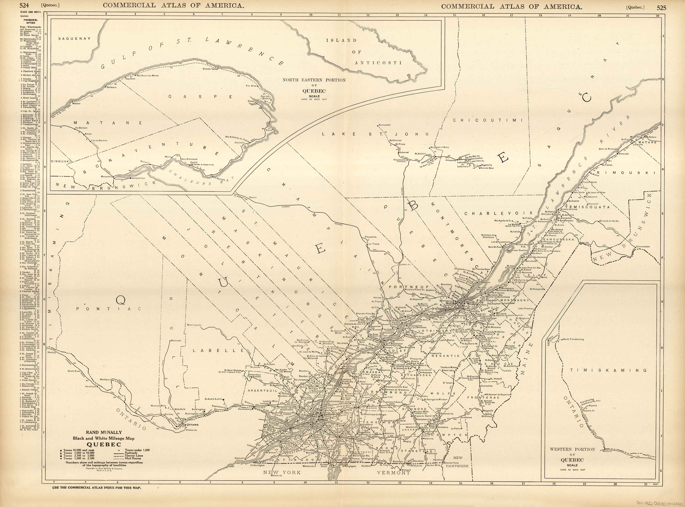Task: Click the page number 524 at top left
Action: pos(24,5)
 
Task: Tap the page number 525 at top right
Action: pos(661,7)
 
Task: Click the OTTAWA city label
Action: pos(193,425)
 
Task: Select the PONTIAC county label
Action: pos(108,309)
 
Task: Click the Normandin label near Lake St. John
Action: pos(385,125)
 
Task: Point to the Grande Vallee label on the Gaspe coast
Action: pos(210,69)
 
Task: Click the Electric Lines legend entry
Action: pos(134,456)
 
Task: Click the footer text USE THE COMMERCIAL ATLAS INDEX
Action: pos(97,487)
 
